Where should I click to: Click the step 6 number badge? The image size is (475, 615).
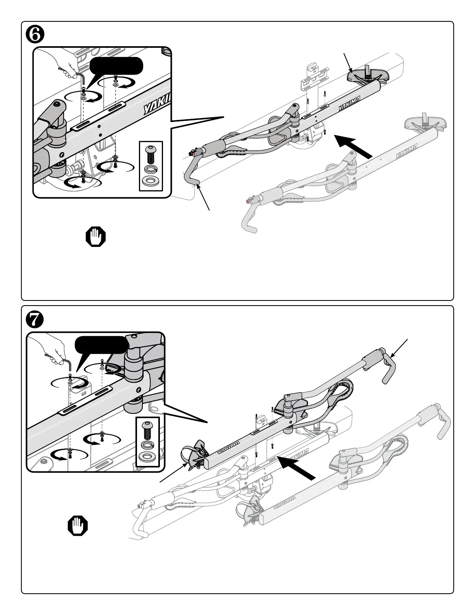coord(35,35)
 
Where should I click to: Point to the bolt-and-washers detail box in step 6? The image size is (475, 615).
coord(151,166)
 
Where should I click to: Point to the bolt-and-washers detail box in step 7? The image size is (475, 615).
coord(148,441)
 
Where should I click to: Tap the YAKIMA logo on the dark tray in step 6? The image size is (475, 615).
coord(349,103)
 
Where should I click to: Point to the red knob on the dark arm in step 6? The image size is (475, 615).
coord(191,154)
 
